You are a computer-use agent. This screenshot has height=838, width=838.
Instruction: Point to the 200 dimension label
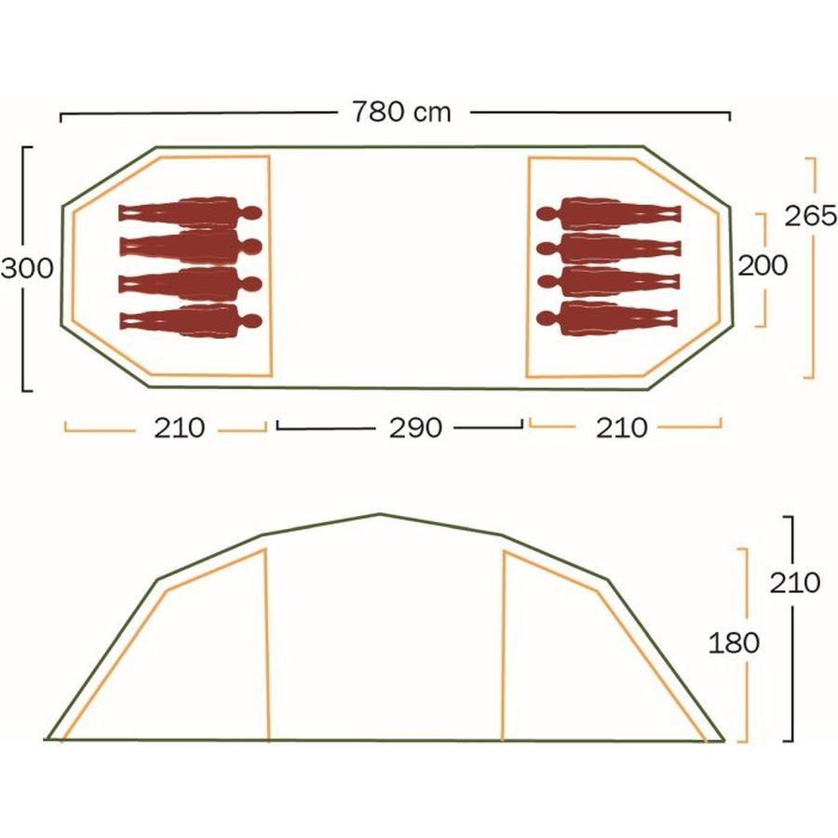[763, 265]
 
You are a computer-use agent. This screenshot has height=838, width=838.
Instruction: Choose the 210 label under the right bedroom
[621, 427]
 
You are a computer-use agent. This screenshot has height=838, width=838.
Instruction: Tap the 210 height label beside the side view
[794, 583]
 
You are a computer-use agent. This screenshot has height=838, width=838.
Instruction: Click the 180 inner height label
[734, 642]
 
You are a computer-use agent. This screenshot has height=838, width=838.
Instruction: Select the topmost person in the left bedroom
[190, 212]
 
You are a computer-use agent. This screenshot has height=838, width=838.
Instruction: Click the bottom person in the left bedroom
[190, 320]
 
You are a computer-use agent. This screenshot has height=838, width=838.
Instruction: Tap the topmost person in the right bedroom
[609, 213]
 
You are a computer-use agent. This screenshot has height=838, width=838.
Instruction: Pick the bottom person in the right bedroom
[609, 318]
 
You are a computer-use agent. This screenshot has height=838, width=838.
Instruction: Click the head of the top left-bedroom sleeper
[253, 212]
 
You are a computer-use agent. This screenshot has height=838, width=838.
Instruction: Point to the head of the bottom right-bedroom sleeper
[546, 318]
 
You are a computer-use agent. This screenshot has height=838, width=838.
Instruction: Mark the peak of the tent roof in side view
[380, 514]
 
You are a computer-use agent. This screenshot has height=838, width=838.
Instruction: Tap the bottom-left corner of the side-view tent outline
[47, 739]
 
